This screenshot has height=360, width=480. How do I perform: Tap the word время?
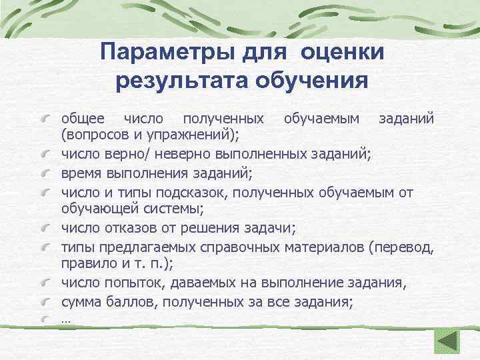(x=81, y=173)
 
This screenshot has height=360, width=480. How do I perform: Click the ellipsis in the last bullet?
(x=65, y=320)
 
